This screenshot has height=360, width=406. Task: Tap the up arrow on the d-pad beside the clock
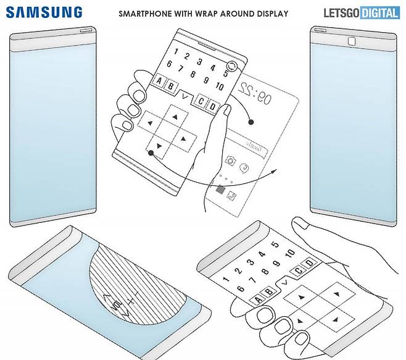tap(175, 115)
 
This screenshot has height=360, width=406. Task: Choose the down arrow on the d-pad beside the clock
tap(159, 146)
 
